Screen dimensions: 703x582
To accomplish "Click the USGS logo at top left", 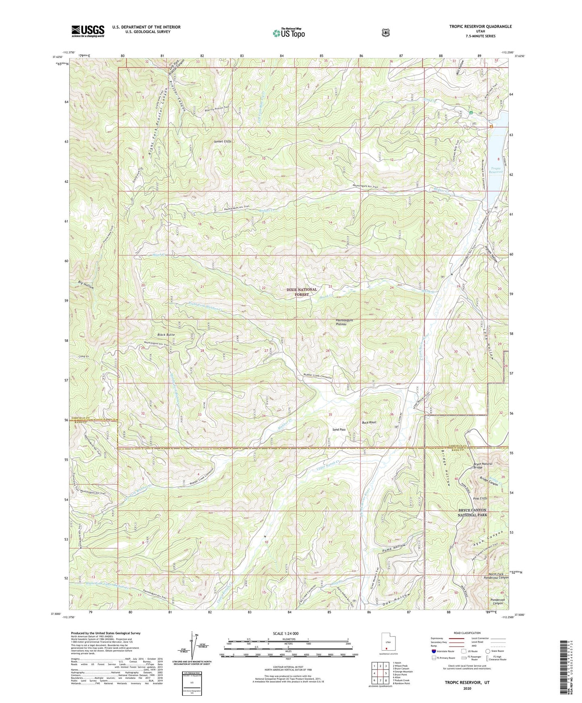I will pyautogui.click(x=88, y=31).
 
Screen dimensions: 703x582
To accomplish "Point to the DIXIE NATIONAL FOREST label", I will pyautogui.click(x=302, y=292).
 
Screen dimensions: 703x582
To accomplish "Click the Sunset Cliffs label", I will pyautogui.click(x=223, y=142).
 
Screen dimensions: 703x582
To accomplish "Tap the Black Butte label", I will pyautogui.click(x=166, y=335).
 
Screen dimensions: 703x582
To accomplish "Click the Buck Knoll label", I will pyautogui.click(x=369, y=422).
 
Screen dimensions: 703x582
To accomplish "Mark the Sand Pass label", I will pyautogui.click(x=339, y=430).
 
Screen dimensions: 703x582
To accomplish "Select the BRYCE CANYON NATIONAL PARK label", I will pyautogui.click(x=472, y=512).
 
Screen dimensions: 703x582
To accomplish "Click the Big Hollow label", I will pyautogui.click(x=86, y=285).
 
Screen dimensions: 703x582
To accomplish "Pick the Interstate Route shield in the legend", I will pyautogui.click(x=433, y=651).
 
